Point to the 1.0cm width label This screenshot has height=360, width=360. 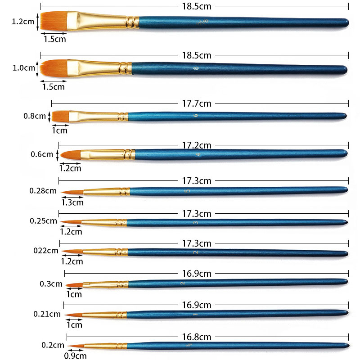click(x=23, y=68)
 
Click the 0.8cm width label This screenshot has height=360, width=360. click(x=34, y=116)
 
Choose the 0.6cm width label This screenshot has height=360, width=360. click(x=42, y=154)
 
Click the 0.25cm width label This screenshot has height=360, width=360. click(x=43, y=221)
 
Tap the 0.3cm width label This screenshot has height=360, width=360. click(x=50, y=284)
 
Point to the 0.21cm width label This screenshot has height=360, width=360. click(x=47, y=314)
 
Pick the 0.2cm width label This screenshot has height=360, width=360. click(x=53, y=345)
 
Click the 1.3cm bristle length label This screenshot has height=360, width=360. click(x=72, y=202)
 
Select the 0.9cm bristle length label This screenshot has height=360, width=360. click(x=75, y=356)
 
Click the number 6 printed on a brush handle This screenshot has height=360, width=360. click(x=196, y=116)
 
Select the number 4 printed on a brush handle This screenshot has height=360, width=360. click(x=198, y=154)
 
